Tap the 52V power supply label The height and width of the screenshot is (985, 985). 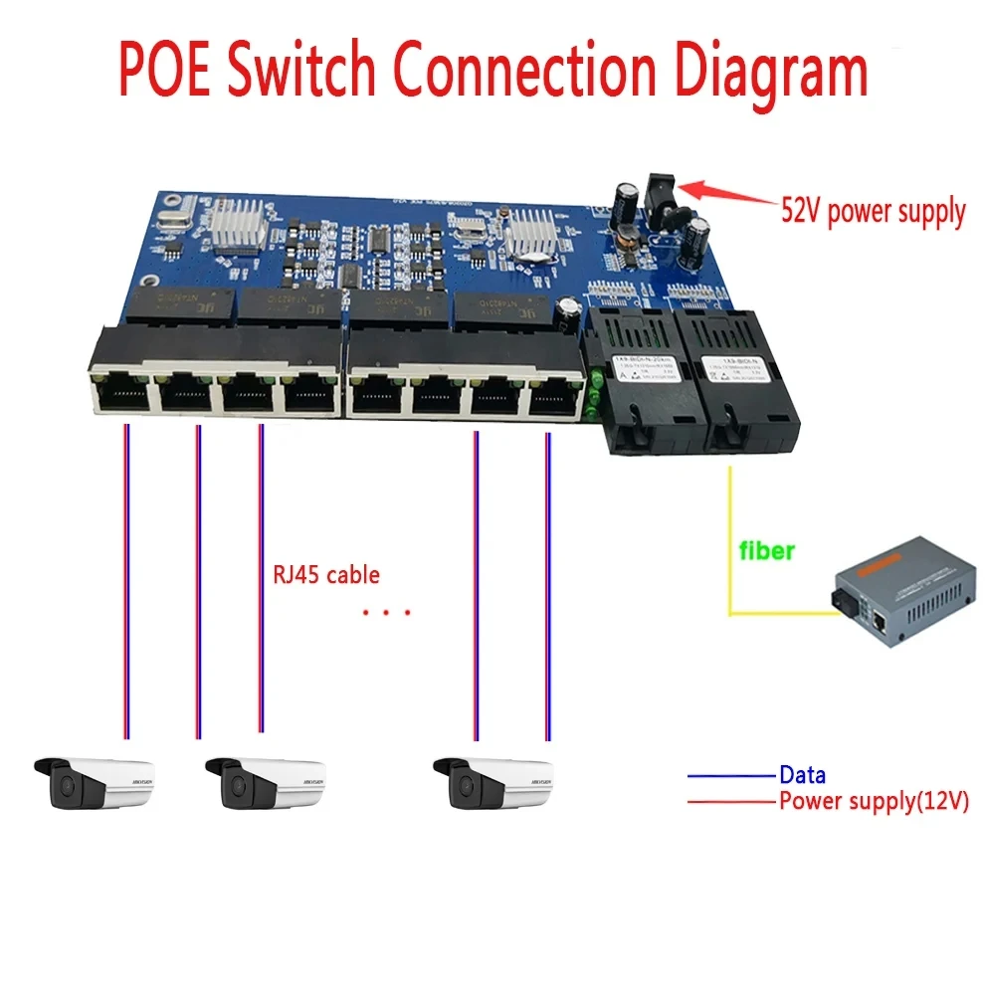pos(872,211)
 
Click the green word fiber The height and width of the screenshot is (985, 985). pos(765,550)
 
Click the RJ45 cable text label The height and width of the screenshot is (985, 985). pos(325,575)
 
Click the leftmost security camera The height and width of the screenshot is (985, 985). pos(96,782)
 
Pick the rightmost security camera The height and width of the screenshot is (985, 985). pos(493,782)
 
